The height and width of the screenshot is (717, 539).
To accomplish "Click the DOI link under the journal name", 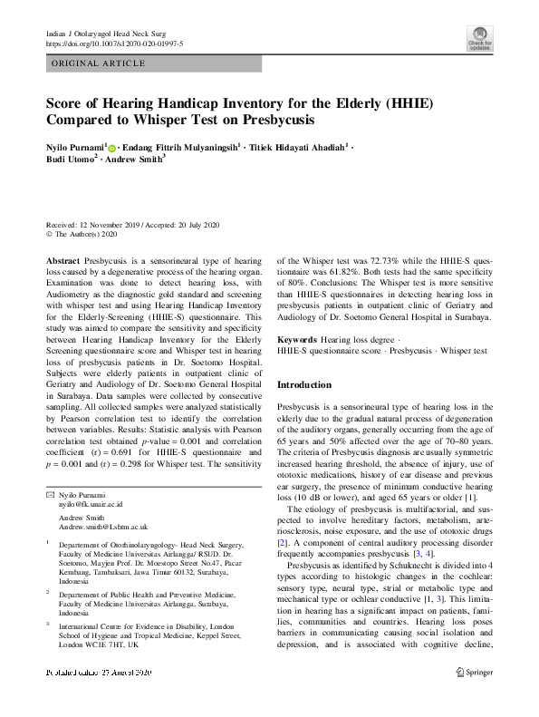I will (114, 43).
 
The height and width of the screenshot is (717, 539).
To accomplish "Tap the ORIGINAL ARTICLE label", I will (99, 63).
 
